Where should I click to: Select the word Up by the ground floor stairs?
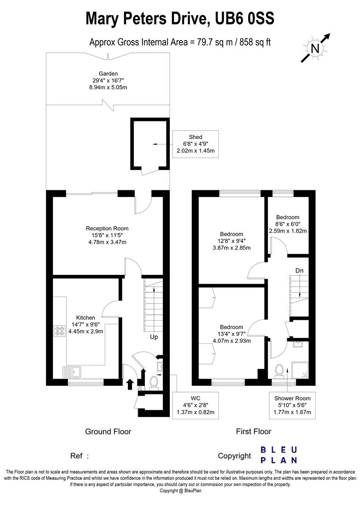pos(154,337)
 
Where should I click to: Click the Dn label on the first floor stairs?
pos(299,271)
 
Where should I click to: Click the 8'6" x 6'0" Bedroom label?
pos(288,224)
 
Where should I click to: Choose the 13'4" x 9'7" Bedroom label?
pos(231,334)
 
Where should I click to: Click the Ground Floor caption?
pos(108,431)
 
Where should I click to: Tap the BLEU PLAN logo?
pos(279,455)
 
